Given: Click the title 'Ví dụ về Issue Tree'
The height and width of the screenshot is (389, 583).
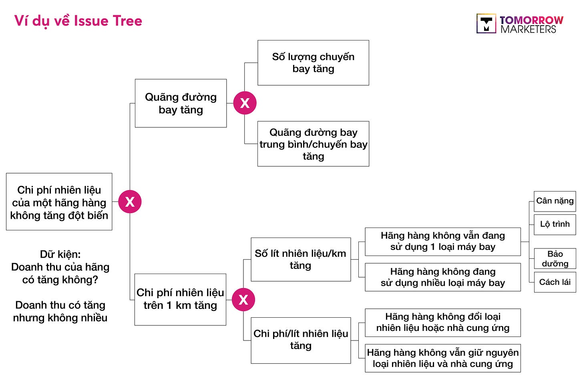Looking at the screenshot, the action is pyautogui.click(x=78, y=21).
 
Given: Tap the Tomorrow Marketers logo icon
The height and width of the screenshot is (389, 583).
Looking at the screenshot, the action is pyautogui.click(x=486, y=23).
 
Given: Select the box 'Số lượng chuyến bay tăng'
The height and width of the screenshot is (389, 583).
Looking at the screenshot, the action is pyautogui.click(x=313, y=63).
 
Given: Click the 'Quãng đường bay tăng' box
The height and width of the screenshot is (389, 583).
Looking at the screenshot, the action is pyautogui.click(x=181, y=103).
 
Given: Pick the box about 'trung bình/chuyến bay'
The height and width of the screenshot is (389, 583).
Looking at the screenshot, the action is pyautogui.click(x=313, y=144).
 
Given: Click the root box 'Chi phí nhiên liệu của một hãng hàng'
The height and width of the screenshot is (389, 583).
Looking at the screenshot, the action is pyautogui.click(x=59, y=202).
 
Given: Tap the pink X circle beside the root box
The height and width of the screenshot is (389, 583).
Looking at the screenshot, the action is pyautogui.click(x=130, y=202).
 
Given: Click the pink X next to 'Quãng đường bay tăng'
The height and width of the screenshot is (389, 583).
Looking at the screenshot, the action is pyautogui.click(x=245, y=103).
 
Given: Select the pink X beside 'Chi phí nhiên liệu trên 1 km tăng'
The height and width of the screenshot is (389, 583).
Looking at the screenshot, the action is pyautogui.click(x=243, y=299).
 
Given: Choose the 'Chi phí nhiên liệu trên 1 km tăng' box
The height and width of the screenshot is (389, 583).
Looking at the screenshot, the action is pyautogui.click(x=180, y=299).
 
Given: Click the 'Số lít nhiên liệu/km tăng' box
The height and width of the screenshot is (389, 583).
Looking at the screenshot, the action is pyautogui.click(x=301, y=260).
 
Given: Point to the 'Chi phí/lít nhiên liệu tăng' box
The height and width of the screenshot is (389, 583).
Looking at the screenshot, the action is pyautogui.click(x=301, y=340).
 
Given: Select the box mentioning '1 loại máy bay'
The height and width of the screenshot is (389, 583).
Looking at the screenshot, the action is pyautogui.click(x=442, y=242).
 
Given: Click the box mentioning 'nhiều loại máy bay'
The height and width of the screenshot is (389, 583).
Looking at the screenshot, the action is pyautogui.click(x=442, y=277).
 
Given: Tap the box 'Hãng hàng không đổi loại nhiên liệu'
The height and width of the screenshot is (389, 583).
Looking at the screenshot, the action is pyautogui.click(x=442, y=322).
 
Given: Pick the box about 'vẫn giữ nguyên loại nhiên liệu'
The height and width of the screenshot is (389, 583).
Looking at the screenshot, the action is pyautogui.click(x=442, y=358).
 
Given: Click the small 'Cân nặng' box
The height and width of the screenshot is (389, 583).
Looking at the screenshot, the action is pyautogui.click(x=555, y=201).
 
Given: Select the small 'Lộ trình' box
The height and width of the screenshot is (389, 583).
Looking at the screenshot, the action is pyautogui.click(x=555, y=224).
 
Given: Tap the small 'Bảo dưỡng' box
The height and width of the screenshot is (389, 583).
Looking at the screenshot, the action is pyautogui.click(x=555, y=259).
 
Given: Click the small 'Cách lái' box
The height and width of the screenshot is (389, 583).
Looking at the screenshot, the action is pyautogui.click(x=555, y=282).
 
